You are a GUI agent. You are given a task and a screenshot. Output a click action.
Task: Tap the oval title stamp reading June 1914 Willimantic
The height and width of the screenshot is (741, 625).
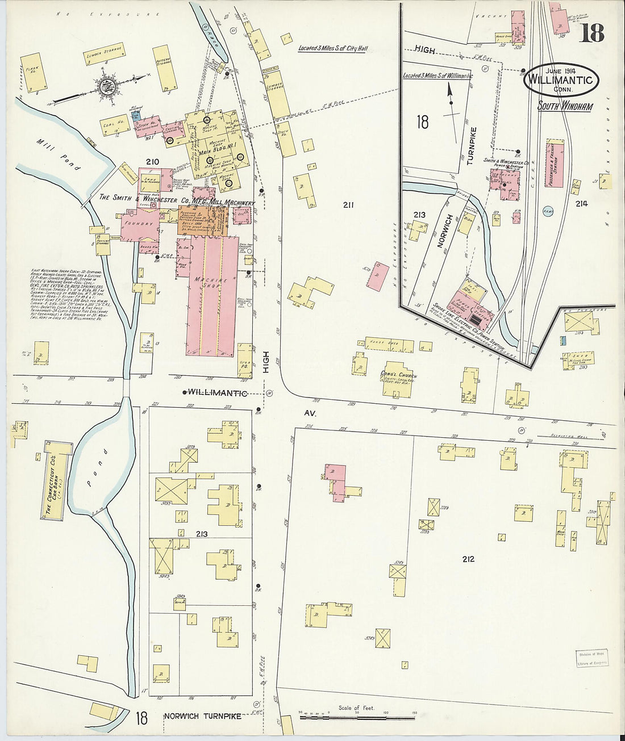tap(561, 79)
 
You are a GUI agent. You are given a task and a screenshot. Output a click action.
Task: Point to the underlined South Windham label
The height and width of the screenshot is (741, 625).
tap(566, 106)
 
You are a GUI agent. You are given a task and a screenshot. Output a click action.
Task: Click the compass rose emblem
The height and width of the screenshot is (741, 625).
tap(106, 87)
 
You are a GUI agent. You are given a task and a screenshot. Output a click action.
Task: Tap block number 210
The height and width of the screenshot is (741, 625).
tap(152, 162)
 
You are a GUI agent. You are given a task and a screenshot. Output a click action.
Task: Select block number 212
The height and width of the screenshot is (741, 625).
tap(468, 559)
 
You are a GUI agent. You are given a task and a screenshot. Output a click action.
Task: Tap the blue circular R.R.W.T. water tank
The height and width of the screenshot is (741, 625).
tap(548, 211)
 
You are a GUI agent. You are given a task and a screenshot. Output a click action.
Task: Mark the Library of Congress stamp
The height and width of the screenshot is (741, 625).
tap(591, 658)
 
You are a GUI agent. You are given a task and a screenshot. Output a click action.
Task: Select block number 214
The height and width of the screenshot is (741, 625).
tap(581, 203)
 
